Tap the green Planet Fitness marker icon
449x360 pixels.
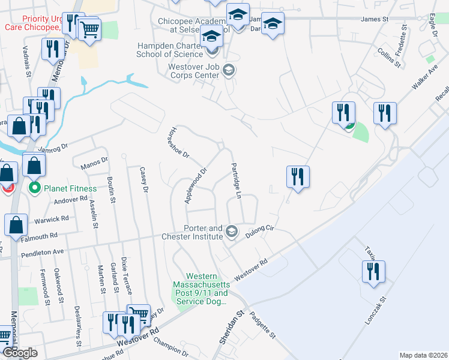35,188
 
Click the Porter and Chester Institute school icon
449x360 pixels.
231,230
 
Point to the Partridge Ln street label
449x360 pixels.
236,181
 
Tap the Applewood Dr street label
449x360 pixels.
196,185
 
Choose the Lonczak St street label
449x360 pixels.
376,311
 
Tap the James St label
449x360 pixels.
375,19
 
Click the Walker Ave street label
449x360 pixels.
424,79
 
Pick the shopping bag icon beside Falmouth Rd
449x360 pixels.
15,224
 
